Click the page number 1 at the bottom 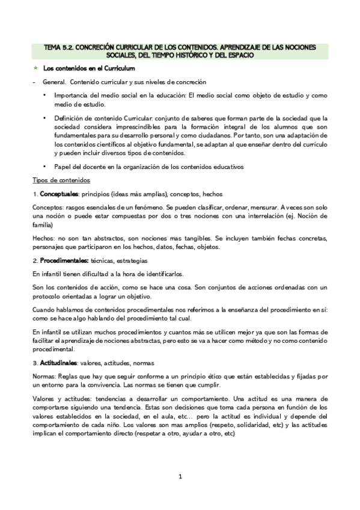point(180,478)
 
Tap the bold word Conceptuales point(59,194)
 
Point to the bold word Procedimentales point(64,260)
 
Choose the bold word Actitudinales point(59,364)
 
